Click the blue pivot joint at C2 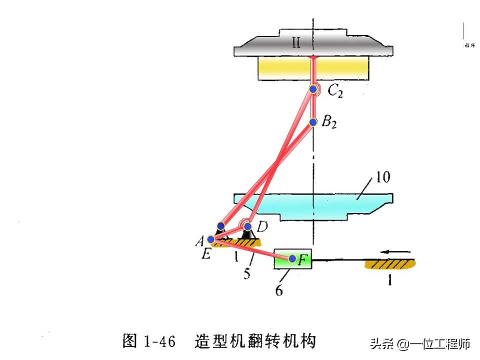313,89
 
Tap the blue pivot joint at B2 313,122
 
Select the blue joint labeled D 247,226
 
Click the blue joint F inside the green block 292,258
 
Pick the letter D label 262,227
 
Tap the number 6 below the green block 279,289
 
